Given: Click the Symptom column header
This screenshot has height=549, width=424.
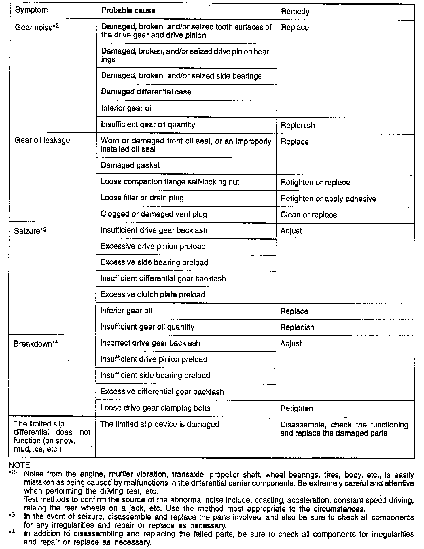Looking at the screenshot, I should coord(31,10).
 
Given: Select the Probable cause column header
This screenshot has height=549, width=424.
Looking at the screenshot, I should coord(128,11).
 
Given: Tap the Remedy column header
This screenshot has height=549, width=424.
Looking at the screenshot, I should coord(295,12).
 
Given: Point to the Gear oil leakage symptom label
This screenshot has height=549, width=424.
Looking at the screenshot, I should coord(42,140).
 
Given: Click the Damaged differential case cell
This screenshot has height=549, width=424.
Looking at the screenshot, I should coord(146,92).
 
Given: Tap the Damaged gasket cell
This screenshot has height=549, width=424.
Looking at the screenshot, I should coord(130,165).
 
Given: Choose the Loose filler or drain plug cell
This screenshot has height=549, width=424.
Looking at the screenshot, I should coord(142,198).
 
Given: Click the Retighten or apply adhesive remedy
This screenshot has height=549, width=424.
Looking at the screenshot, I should coord(328,199).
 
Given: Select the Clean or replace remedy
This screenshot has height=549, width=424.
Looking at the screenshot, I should coord(308,215).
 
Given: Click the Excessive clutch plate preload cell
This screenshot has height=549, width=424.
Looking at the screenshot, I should coord(153,294).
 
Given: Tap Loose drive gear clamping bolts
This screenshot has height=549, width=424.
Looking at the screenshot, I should coord(155,408).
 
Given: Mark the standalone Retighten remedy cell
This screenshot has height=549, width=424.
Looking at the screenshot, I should coord(296,408).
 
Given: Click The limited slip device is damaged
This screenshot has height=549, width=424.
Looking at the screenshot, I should coord(160,424).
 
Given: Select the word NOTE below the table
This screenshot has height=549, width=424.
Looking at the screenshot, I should coord(19,465).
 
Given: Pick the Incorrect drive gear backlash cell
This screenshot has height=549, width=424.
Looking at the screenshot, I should coord(150,343).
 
